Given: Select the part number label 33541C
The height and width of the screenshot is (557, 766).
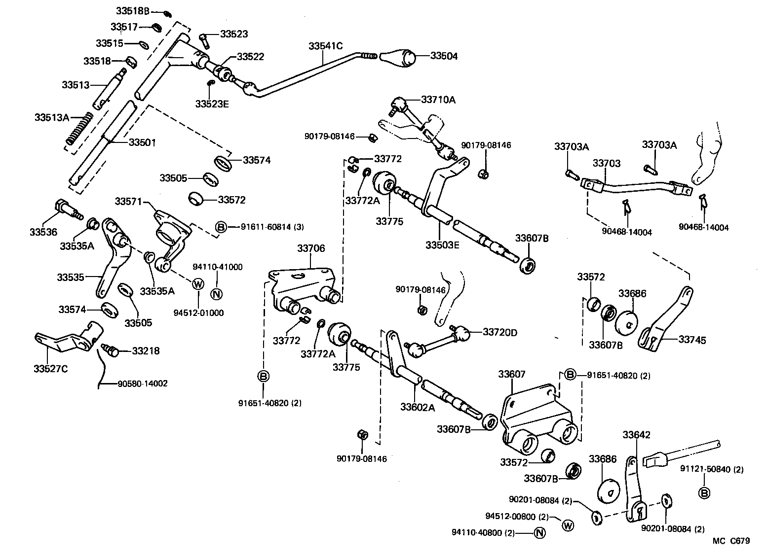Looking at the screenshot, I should pos(325,46).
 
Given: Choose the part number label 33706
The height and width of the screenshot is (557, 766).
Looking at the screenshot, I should pos(311,248).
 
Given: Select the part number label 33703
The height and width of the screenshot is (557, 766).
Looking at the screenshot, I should pos(607,163).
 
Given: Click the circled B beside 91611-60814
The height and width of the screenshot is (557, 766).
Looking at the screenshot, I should pos(221,227).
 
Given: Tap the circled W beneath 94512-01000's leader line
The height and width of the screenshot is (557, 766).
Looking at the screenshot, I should pos(197,284).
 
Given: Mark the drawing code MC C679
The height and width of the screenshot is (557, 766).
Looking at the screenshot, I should pos(731,541).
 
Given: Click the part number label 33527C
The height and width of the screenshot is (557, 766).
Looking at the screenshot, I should pos(50,368).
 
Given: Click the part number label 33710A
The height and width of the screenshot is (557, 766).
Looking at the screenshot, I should pos(438,100).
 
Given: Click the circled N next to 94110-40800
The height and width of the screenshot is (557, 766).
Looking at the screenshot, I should pos(539,532).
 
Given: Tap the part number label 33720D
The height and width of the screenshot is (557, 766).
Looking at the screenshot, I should pos(500,332).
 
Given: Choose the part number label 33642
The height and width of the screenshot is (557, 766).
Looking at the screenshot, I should pos(636,435).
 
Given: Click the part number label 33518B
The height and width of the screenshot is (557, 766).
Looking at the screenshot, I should pos(133,11).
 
